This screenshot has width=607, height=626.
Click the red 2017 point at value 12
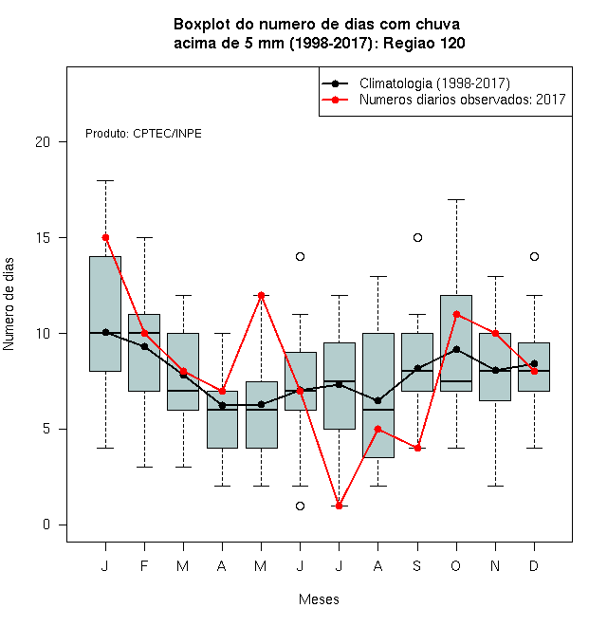(261, 295)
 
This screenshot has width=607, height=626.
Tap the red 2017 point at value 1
(339, 506)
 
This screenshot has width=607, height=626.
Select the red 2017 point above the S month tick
(417, 448)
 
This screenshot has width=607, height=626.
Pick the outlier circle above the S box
(417, 237)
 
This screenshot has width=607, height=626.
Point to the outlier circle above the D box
(534, 256)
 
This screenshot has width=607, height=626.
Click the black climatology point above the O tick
(456, 349)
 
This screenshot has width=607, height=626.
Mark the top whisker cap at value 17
(456, 199)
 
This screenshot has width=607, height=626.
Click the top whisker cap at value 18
(105, 180)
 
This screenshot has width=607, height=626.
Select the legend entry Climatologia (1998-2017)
(416, 83)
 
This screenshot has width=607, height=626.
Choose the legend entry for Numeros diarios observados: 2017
(444, 100)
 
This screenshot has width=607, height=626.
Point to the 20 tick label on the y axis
(43, 141)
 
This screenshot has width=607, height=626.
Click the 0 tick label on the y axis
(46, 525)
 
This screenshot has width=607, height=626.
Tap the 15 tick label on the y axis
(43, 237)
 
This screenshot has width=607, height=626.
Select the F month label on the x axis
(144, 565)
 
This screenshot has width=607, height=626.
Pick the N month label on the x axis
(495, 565)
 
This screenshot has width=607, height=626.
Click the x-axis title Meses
(319, 599)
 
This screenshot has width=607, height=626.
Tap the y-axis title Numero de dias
(9, 304)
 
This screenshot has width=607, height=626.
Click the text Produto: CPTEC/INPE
(143, 134)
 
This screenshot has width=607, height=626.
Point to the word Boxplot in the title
(202, 25)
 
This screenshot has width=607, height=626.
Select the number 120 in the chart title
(452, 43)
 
